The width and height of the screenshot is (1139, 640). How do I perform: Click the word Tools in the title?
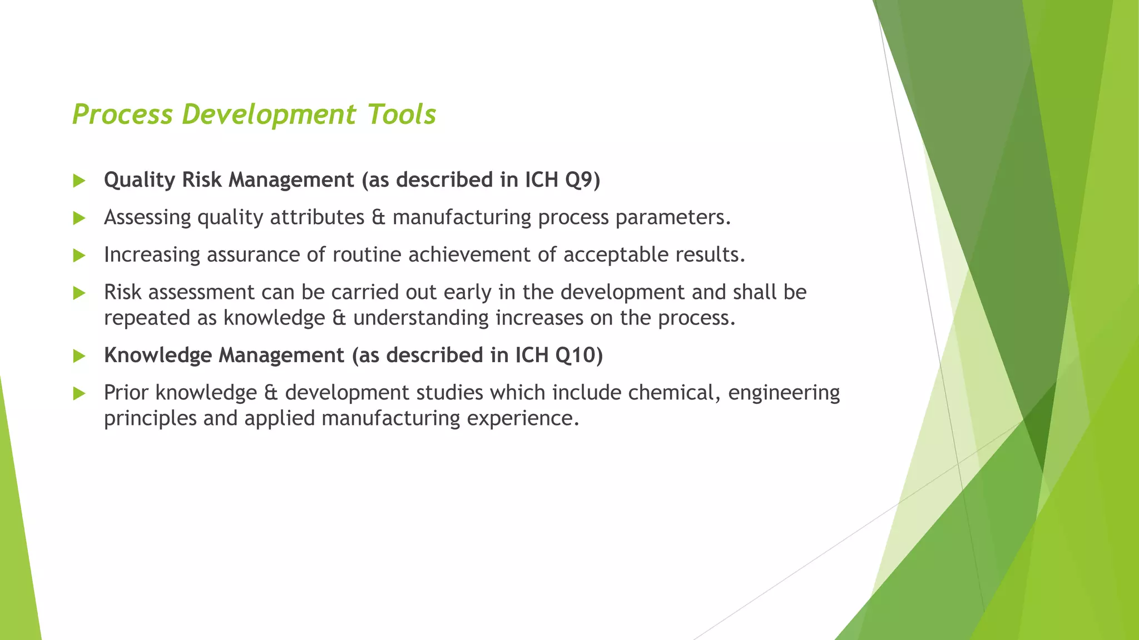[402, 114]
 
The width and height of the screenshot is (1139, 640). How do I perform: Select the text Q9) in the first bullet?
[583, 180]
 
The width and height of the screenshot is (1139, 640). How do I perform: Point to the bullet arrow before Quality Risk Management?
[79, 181]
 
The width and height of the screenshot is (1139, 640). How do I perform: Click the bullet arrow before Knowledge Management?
[79, 356]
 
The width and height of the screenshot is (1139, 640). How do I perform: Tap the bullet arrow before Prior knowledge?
[79, 393]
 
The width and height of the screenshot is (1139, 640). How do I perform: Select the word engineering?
[784, 393]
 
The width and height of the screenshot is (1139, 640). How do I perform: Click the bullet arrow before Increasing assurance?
[79, 256]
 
